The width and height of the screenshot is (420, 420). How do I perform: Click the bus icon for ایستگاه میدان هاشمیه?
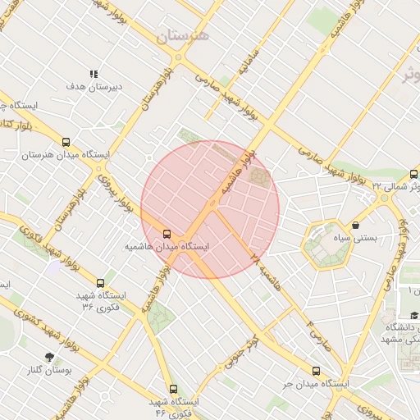click(167, 234)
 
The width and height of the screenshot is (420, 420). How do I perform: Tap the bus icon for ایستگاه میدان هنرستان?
click(66, 142)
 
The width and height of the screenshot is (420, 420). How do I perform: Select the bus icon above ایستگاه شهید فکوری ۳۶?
click(101, 283)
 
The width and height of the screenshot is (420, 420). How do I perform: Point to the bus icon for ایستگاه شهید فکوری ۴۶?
click(172, 390)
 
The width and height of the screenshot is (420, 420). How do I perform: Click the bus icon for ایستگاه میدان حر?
click(316, 371)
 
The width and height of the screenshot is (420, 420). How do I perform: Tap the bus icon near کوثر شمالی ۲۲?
click(413, 174)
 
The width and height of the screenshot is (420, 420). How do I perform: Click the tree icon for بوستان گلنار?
click(50, 357)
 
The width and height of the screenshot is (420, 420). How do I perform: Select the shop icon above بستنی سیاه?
click(355, 225)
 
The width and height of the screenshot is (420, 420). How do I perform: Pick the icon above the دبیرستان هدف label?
click(94, 74)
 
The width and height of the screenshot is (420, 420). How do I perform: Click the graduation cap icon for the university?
click(413, 316)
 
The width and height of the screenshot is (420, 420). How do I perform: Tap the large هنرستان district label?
click(183, 35)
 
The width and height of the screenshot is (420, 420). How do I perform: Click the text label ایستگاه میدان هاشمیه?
click(167, 246)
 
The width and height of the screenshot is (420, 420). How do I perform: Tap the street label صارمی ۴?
click(318, 331)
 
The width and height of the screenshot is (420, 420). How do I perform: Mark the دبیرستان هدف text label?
click(94, 86)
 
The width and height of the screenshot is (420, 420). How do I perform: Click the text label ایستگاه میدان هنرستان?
click(66, 154)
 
